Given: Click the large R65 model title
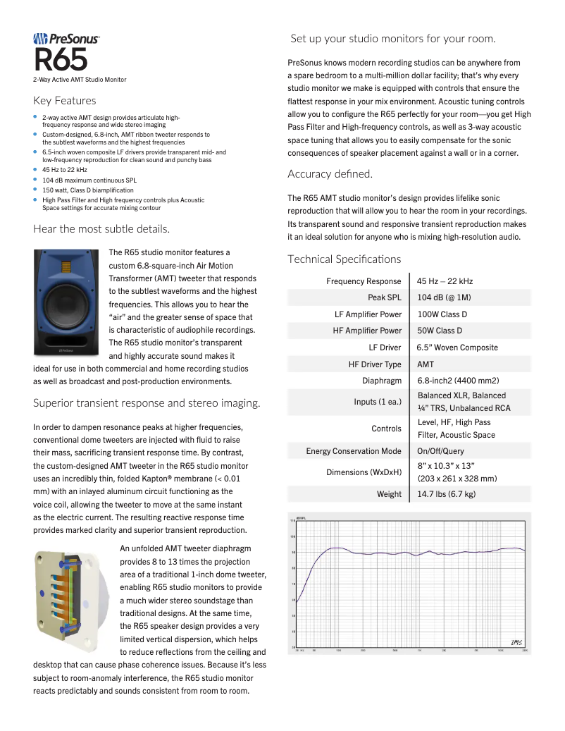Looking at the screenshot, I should coord(61,60).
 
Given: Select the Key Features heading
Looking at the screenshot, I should coord(65,101).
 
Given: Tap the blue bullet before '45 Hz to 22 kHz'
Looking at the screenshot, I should coord(36,170).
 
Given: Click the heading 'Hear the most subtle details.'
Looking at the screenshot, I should coord(101,228).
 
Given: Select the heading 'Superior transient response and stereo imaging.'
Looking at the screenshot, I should coord(147,403).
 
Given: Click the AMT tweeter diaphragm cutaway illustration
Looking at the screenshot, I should coord(70,592).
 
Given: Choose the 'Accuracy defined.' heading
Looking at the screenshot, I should coord(330,174).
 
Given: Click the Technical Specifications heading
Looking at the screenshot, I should coord(344,259).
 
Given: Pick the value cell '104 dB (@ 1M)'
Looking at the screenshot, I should coord(444,297).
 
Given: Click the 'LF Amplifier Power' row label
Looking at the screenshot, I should coord(368,314).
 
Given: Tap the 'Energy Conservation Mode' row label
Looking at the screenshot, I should coord(354,451).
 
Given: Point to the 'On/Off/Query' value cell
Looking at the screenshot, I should coord(440,451).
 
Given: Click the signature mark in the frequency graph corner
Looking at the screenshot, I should coord(516,641).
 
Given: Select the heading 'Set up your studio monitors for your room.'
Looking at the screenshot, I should coord(393,38).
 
